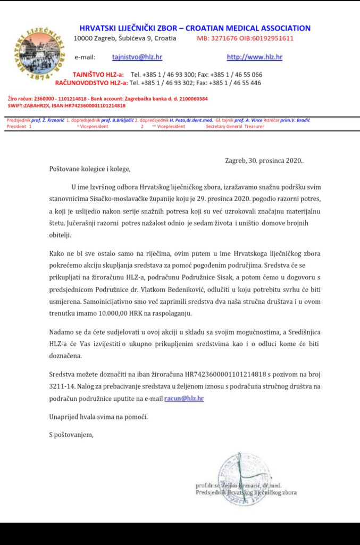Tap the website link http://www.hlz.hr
[x=254, y=57]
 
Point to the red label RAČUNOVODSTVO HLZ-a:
[x=91, y=83]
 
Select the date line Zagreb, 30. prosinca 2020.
[x=264, y=160]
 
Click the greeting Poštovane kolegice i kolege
[x=89, y=169]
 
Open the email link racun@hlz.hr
[x=184, y=398]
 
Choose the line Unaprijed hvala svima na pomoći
[x=98, y=416]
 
